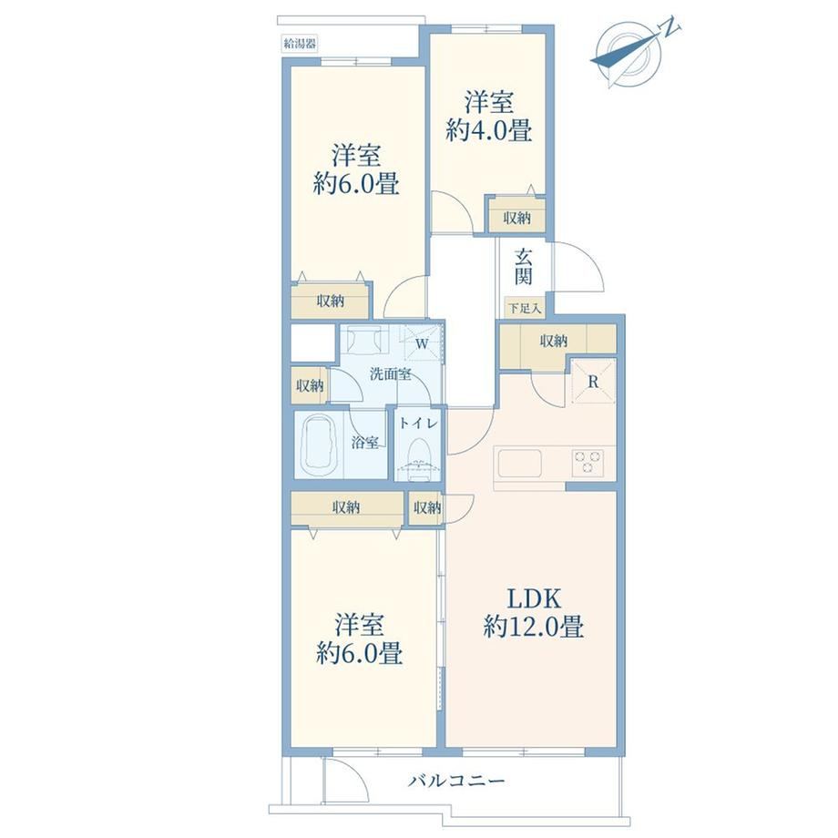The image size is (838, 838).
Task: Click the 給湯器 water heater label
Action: (x=300, y=44)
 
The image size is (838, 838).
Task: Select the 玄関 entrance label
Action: (x=523, y=267)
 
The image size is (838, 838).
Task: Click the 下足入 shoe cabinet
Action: (x=525, y=309)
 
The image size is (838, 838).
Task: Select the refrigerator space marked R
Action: (x=593, y=382)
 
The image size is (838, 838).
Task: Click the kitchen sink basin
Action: (x=520, y=463)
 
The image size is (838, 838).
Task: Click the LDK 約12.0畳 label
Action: (x=534, y=613)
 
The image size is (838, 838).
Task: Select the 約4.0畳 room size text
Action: (x=488, y=130)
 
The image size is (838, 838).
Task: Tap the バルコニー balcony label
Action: (x=456, y=782)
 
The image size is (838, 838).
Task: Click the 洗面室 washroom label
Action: (x=391, y=373)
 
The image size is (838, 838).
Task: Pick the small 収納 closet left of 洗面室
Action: (x=310, y=385)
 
